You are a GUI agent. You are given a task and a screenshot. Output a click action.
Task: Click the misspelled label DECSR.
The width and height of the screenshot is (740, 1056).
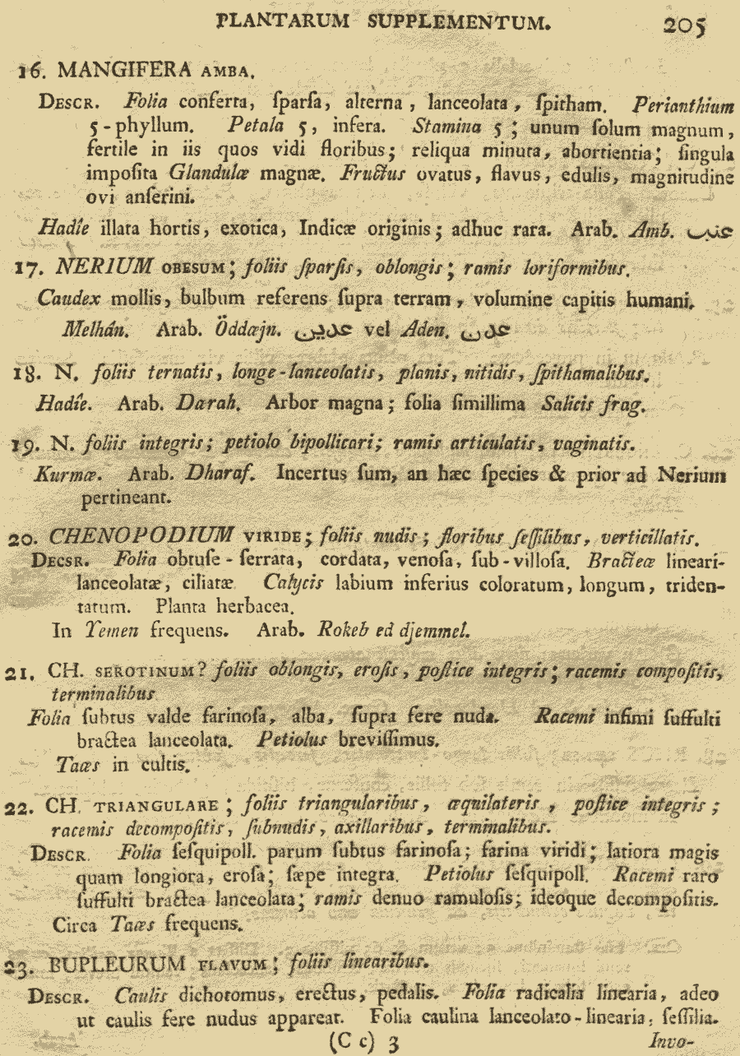(x=53, y=563)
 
